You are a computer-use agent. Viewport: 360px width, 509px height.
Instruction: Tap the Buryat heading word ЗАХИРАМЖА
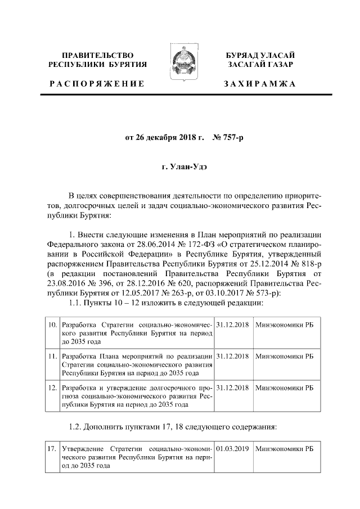(x=259, y=84)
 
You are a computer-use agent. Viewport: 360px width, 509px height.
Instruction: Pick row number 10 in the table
(x=52, y=326)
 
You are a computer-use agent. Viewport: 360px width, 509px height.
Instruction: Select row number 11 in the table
(x=52, y=357)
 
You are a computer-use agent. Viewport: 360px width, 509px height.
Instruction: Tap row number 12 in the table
(x=52, y=388)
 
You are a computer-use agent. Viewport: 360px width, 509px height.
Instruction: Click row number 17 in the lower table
(x=52, y=449)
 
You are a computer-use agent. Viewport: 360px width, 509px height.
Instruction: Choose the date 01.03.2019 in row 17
(x=232, y=449)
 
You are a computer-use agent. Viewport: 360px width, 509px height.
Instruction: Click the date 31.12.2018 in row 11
(x=232, y=357)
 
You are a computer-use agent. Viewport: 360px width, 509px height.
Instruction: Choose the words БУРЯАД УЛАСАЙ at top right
(x=260, y=55)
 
